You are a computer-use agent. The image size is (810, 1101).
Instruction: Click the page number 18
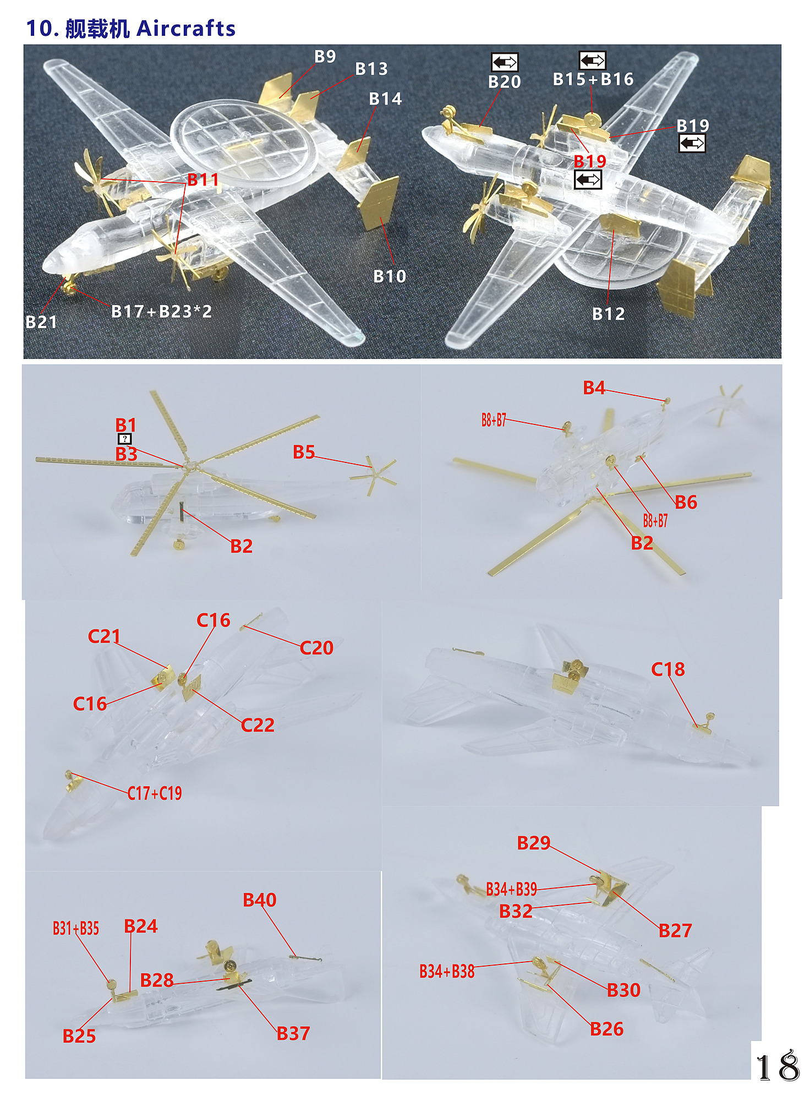click(x=778, y=1066)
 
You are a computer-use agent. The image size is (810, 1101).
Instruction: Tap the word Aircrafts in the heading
click(x=186, y=29)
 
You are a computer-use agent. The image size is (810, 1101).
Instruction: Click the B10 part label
click(x=390, y=276)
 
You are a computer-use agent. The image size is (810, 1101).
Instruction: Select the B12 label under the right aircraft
click(x=609, y=314)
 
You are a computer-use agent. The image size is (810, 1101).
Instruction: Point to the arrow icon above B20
click(x=505, y=62)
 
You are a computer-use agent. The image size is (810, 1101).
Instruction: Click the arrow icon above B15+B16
click(x=593, y=60)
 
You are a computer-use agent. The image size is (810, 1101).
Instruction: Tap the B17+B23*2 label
click(x=162, y=312)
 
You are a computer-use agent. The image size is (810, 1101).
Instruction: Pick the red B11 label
click(x=203, y=179)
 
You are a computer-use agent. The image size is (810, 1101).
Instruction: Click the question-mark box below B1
click(x=125, y=439)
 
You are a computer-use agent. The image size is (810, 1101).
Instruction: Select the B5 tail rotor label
click(x=304, y=452)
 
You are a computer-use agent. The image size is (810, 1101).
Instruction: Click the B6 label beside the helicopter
click(x=686, y=502)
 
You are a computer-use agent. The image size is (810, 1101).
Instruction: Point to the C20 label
click(x=316, y=648)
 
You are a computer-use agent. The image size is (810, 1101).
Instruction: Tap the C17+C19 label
click(x=155, y=793)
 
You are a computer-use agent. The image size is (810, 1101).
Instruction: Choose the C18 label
click(x=668, y=669)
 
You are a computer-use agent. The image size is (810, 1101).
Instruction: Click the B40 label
click(x=260, y=900)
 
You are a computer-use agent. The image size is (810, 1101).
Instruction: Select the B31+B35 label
click(x=76, y=929)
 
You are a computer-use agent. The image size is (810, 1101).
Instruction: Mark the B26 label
click(x=607, y=1029)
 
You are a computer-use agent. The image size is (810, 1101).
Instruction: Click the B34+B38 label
click(x=447, y=972)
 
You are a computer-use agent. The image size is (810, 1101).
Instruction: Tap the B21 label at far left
click(x=41, y=322)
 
